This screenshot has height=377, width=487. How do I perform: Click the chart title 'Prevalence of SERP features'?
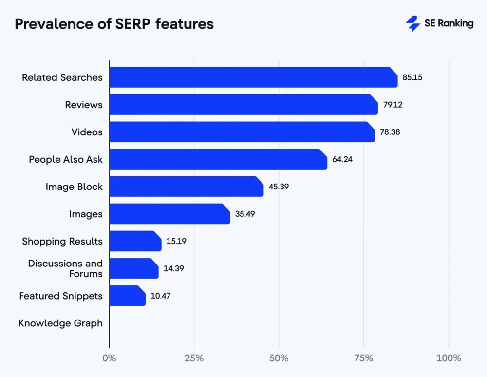pyautogui.click(x=114, y=24)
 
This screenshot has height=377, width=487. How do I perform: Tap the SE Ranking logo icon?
pyautogui.click(x=413, y=23)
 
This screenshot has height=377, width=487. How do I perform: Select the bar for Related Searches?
pyautogui.click(x=253, y=77)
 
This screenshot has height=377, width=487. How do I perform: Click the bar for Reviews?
pyautogui.click(x=243, y=105)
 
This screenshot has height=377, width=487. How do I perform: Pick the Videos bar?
pyautogui.click(x=242, y=132)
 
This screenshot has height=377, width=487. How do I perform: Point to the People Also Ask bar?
pyautogui.click(x=218, y=159)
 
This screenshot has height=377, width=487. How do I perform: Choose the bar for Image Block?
pyautogui.click(x=186, y=187)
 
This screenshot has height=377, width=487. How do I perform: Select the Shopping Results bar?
pyautogui.click(x=135, y=241)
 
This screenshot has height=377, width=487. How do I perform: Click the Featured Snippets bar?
pyautogui.click(x=127, y=296)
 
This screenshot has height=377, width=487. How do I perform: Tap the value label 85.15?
pyautogui.click(x=412, y=77)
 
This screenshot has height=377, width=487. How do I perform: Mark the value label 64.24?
pyautogui.click(x=342, y=159)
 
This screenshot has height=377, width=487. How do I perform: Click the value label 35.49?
pyautogui.click(x=244, y=214)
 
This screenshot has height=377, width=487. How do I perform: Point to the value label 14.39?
pyautogui.click(x=173, y=268)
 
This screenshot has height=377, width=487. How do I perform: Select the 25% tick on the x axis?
pyautogui.click(x=194, y=358)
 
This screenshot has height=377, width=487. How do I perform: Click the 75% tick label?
pyautogui.click(x=363, y=358)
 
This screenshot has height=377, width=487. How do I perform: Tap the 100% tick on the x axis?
pyautogui.click(x=448, y=358)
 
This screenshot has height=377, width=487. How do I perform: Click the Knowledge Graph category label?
pyautogui.click(x=60, y=323)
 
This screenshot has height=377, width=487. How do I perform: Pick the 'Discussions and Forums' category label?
pyautogui.click(x=65, y=268)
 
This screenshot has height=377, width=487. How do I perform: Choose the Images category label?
pyautogui.click(x=86, y=214)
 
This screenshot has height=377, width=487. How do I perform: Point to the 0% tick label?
pyautogui.click(x=110, y=358)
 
